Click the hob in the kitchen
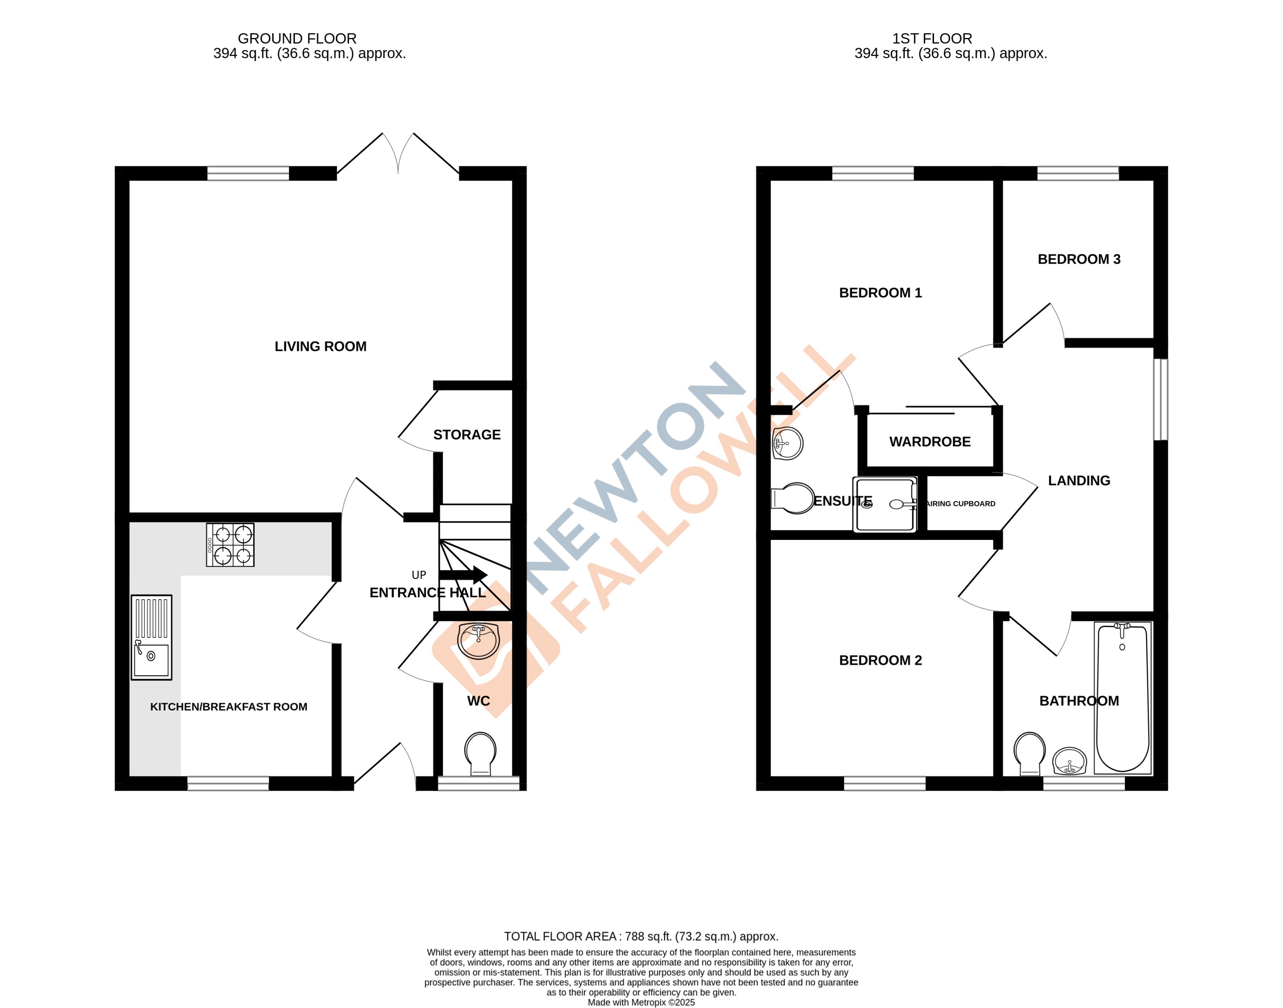[230, 545]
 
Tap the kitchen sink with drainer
[151, 637]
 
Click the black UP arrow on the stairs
[463, 575]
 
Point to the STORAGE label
[467, 435]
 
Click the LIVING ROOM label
[320, 346]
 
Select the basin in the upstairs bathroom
[1069, 761]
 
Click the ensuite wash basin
[787, 443]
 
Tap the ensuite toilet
[793, 499]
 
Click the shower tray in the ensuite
[884, 504]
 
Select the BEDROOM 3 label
[1079, 259]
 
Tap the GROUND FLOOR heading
[297, 38]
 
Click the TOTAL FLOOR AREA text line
[641, 936]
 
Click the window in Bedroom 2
[884, 783]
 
